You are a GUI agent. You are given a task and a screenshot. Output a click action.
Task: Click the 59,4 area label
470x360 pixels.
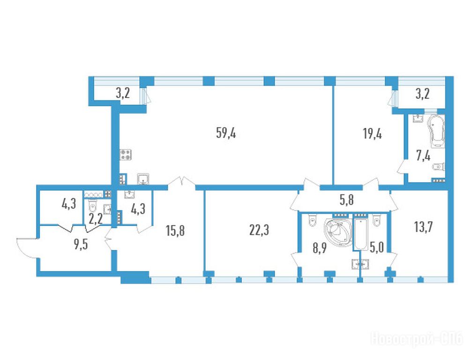(x=226, y=133)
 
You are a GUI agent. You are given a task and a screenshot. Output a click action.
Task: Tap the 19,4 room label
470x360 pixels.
(x=372, y=134)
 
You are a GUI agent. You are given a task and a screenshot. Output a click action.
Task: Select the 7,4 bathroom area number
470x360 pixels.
(x=423, y=156)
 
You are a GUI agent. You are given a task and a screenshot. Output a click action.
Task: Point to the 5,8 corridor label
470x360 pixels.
(x=346, y=200)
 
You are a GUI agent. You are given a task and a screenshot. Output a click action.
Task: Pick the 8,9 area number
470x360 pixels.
(x=320, y=248)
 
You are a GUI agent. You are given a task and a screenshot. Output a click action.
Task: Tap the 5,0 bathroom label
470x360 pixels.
(x=377, y=248)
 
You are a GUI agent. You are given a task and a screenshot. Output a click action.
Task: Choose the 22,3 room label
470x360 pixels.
(x=259, y=230)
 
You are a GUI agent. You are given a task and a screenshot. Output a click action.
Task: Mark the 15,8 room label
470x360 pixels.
(x=175, y=231)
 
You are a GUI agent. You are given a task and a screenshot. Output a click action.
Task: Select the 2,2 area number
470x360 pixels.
(x=96, y=218)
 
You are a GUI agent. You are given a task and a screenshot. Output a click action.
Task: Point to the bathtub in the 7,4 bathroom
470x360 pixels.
(x=436, y=131)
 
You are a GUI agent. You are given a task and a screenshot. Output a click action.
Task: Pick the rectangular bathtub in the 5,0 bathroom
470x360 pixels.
(x=361, y=234)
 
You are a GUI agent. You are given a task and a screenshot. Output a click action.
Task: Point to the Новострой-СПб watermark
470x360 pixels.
(x=417, y=339)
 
